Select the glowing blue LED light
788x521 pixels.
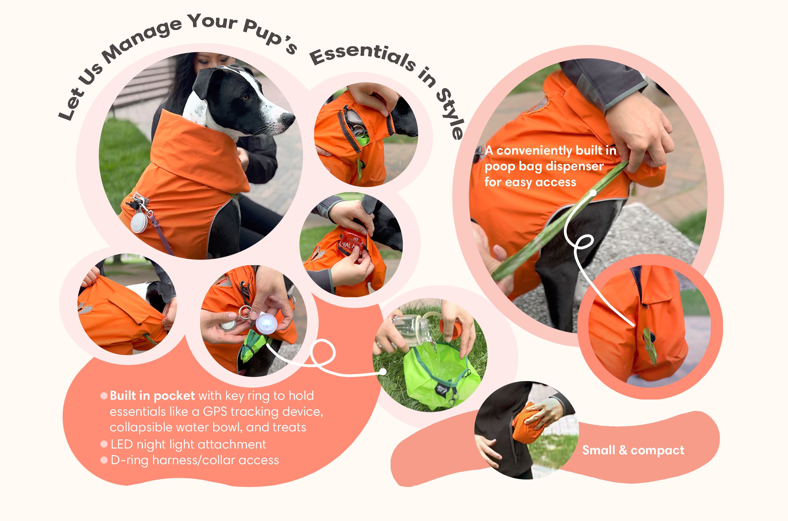(x=266, y=322)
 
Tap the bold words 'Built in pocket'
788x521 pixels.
(x=152, y=395)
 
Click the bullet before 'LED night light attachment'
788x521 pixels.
(x=104, y=444)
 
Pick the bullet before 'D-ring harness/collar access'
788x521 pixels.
(x=104, y=460)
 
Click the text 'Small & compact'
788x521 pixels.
(x=633, y=450)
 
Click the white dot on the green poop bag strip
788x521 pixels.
(x=593, y=192)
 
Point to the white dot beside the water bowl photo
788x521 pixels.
(x=383, y=371)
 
